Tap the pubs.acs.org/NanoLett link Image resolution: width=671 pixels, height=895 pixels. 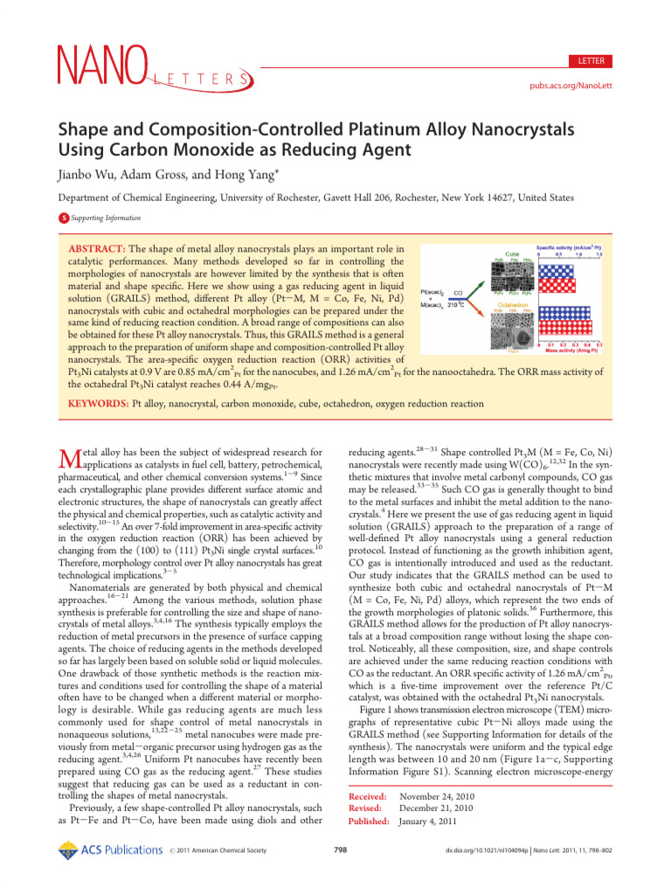pyautogui.click(x=571, y=89)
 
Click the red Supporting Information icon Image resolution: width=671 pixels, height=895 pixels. pyautogui.click(x=63, y=219)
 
